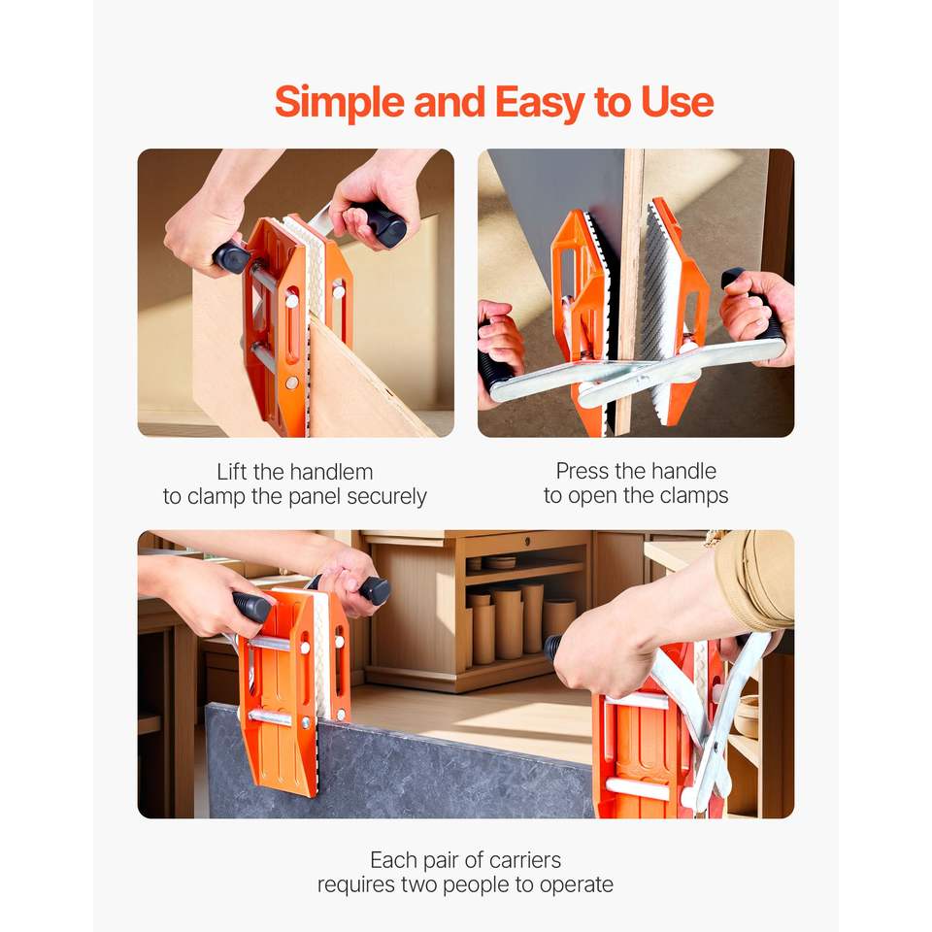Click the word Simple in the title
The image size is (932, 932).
coord(340,103)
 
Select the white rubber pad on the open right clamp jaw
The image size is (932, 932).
coord(661,309)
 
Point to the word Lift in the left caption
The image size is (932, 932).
coord(231,472)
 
